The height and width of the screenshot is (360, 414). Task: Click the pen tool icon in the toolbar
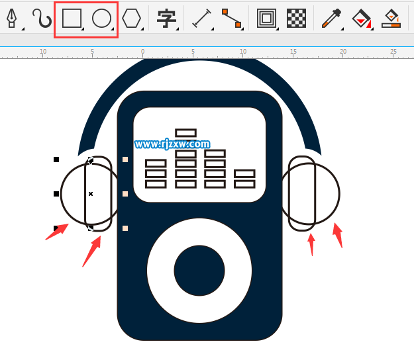coord(11,18)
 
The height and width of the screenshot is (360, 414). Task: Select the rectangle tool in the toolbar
coord(72,18)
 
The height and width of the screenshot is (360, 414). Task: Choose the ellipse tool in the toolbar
coord(101,18)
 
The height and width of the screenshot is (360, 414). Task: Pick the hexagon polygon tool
coord(131,18)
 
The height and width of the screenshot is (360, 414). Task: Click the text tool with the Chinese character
coord(166,19)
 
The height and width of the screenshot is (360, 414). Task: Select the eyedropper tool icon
coord(332,18)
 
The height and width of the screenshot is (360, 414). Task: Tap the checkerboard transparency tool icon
coord(296,18)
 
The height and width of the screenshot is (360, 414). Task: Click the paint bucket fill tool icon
coord(361,18)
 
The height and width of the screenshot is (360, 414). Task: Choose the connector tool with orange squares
coord(232,18)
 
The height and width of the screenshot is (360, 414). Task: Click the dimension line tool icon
coord(202,18)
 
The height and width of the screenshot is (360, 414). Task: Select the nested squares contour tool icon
coord(267,18)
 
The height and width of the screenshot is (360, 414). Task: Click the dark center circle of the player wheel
coord(199,271)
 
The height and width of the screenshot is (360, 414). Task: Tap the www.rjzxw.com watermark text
coord(172,144)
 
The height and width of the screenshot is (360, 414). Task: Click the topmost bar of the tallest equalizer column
coord(185,133)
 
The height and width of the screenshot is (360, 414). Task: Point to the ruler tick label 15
coord(293,51)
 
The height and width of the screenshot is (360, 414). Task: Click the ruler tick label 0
coord(142,51)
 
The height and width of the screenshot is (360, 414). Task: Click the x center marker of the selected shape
coord(91,194)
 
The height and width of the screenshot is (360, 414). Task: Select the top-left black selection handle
coord(56,159)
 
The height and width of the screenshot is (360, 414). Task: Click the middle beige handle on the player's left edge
coord(125,194)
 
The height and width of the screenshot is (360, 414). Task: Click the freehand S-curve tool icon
coord(42,18)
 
